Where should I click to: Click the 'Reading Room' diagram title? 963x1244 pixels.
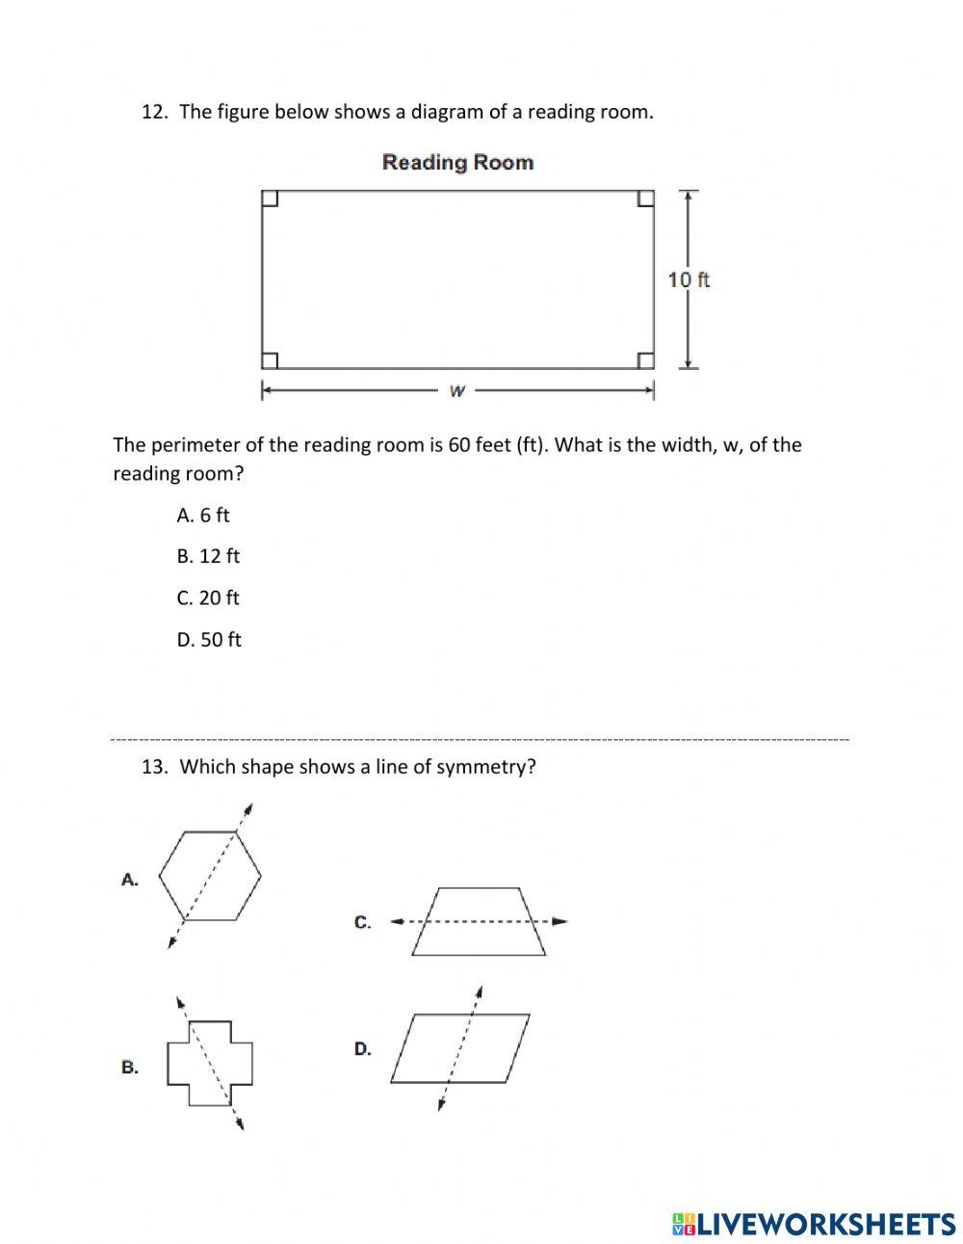[457, 162]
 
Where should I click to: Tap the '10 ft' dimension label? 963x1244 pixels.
[689, 279]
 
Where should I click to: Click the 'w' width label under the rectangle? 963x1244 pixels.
[457, 391]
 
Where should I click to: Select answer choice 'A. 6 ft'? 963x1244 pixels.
[203, 516]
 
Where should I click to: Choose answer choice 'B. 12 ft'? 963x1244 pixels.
[208, 557]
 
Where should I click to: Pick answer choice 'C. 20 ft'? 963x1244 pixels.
[208, 598]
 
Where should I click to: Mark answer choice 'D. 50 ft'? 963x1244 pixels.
[209, 640]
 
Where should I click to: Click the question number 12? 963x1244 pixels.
[153, 112]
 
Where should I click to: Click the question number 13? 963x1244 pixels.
[154, 767]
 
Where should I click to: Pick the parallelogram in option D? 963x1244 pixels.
[460, 1047]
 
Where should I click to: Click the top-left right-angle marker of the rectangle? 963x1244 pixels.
[270, 199]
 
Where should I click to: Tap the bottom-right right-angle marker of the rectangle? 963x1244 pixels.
[646, 360]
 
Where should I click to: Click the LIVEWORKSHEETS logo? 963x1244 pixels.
[814, 1224]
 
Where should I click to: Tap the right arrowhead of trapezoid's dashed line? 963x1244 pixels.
[560, 921]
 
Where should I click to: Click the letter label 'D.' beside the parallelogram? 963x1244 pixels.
[362, 1048]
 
